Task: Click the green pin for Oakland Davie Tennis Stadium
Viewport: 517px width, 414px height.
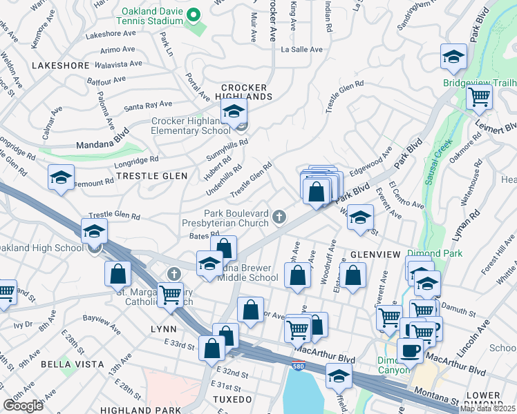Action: [x=194, y=14]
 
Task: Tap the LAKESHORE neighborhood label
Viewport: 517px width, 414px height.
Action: [x=60, y=66]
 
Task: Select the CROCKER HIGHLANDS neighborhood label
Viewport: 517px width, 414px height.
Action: [x=244, y=92]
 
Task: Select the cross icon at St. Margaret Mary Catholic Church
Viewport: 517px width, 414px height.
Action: [x=174, y=274]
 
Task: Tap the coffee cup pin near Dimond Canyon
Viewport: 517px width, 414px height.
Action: [x=410, y=350]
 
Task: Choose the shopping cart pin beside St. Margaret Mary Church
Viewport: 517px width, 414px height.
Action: [x=170, y=294]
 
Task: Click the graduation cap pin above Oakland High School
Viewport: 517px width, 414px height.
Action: [x=95, y=230]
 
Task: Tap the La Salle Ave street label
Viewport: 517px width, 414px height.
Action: [x=301, y=50]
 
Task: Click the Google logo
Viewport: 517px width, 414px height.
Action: [x=23, y=406]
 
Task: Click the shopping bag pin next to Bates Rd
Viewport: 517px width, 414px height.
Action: [x=223, y=248]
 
